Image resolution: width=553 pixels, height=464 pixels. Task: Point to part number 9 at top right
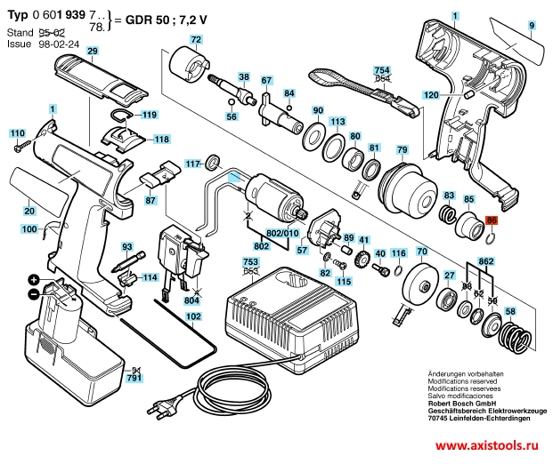pos(532,27)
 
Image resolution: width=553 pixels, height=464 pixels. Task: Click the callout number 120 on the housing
pos(431,95)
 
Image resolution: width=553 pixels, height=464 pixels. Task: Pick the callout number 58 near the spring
pos(509,311)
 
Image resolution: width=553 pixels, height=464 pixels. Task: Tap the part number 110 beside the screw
pos(17,132)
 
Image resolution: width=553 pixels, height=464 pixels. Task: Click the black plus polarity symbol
pos(33,280)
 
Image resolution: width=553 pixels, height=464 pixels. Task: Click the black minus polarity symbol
pos(33,293)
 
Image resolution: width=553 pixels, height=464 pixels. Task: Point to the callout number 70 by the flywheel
pos(423,254)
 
